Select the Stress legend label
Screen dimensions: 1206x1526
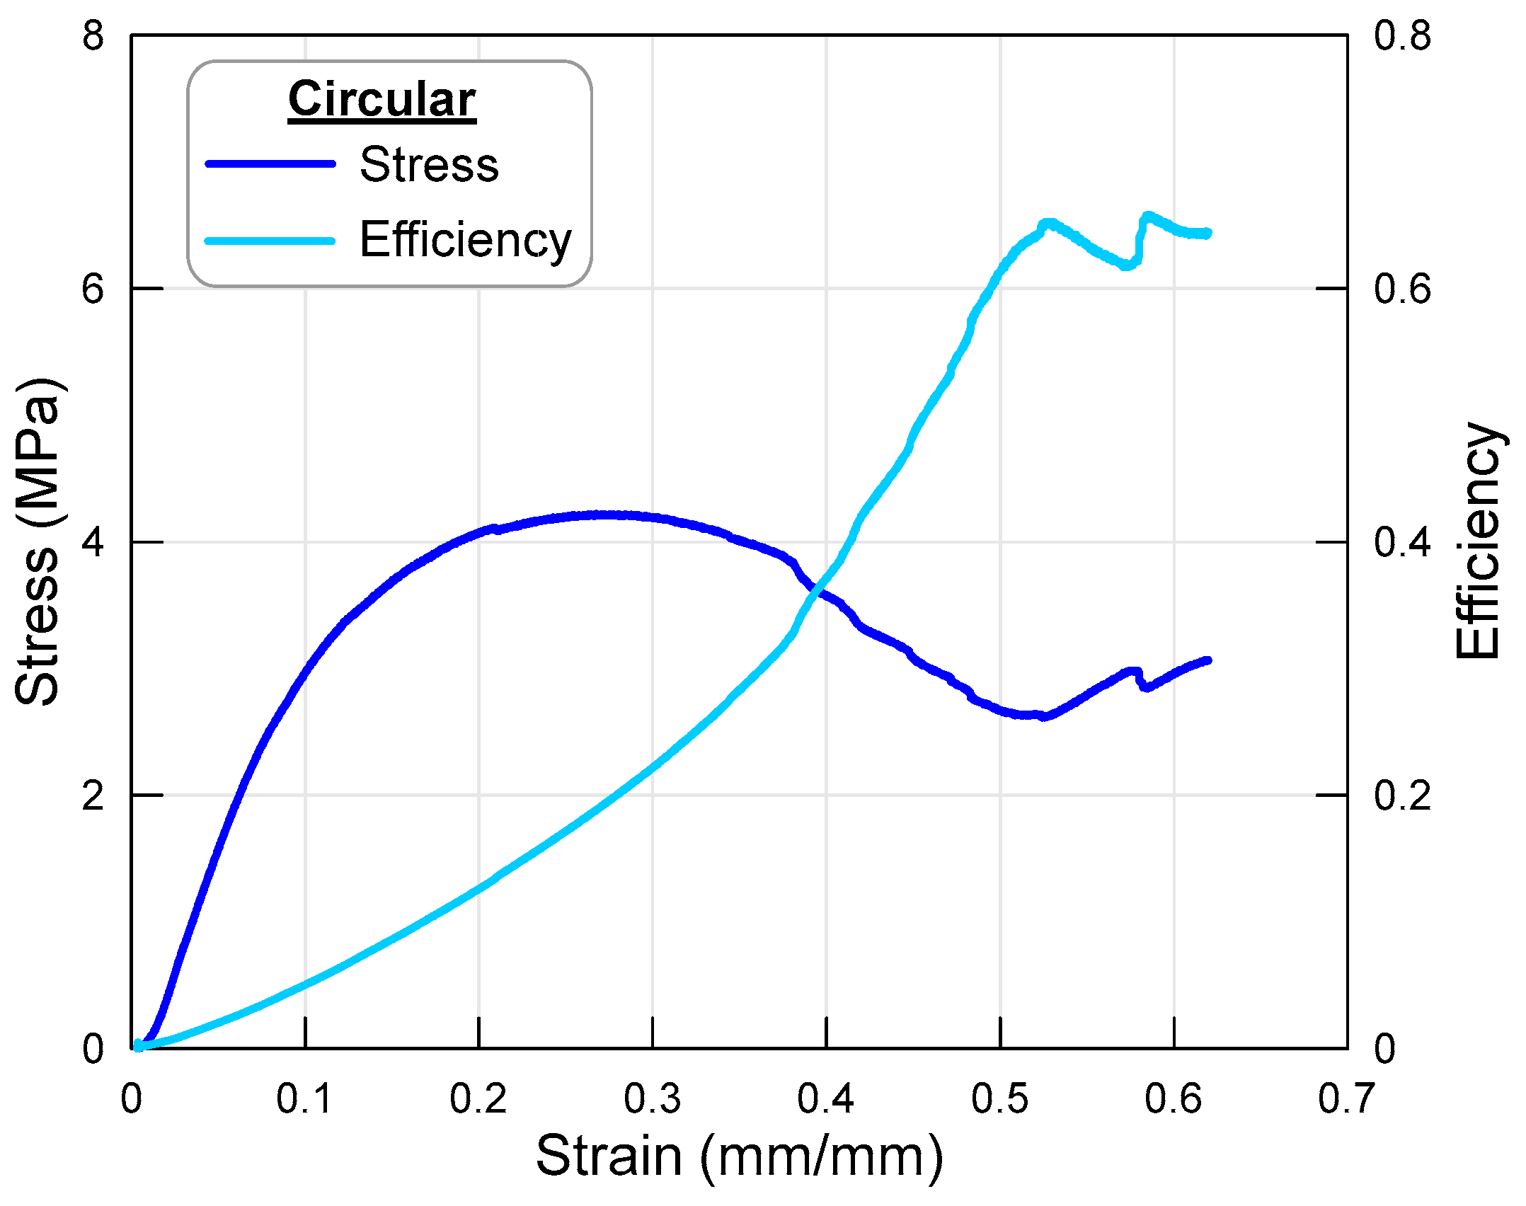[x=429, y=164]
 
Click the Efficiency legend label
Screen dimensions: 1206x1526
[x=465, y=240]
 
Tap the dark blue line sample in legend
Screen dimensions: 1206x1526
[x=270, y=164]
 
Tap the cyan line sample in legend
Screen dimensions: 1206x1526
[x=270, y=241]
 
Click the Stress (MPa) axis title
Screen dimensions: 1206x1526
[x=38, y=541]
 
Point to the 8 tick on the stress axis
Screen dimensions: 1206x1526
[x=93, y=35]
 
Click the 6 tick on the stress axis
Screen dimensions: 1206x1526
[x=93, y=289]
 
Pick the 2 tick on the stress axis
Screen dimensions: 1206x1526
[x=93, y=796]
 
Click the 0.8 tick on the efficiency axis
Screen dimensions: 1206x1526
[x=1402, y=35]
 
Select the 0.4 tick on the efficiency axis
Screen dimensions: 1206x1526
[x=1402, y=542]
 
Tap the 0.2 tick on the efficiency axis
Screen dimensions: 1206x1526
[x=1402, y=796]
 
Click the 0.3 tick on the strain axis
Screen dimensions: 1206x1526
[x=652, y=1099]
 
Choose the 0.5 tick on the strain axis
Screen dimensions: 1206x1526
[x=999, y=1099]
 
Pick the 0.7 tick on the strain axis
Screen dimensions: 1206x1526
[x=1346, y=1099]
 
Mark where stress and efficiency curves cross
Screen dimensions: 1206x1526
[x=818, y=591]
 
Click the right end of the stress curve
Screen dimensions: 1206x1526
[x=1208, y=660]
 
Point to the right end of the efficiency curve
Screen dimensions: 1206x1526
[x=1208, y=233]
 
